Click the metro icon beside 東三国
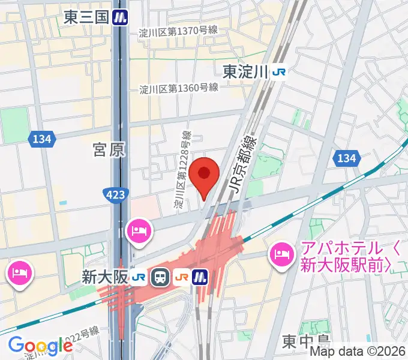(x=122, y=18)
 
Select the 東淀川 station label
(x=244, y=72)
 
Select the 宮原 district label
(x=109, y=150)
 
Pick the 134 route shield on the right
(x=346, y=158)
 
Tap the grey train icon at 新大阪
(x=161, y=277)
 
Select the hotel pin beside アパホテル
(x=280, y=255)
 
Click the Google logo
(x=40, y=346)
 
